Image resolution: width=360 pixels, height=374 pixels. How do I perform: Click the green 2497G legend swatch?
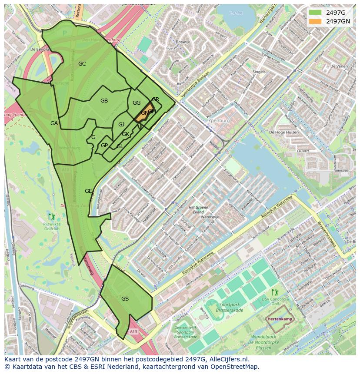tap(316, 13)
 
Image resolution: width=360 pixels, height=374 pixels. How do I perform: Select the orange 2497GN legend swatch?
tap(316, 21)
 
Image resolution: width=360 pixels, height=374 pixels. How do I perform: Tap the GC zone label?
tap(82, 64)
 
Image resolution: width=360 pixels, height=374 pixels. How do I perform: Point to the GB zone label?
tap(104, 101)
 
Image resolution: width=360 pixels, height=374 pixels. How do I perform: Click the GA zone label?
tap(54, 123)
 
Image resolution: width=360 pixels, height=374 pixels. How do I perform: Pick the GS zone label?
tap(125, 299)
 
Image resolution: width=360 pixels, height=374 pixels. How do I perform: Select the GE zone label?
tap(88, 191)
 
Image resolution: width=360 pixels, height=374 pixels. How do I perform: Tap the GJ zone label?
tap(121, 125)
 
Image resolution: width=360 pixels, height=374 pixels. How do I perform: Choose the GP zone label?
tap(104, 146)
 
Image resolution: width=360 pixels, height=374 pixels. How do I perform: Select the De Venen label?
tap(339, 66)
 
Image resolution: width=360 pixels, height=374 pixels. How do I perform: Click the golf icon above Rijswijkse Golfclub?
tap(52, 216)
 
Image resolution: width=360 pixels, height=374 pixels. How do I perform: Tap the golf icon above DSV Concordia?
tap(274, 292)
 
